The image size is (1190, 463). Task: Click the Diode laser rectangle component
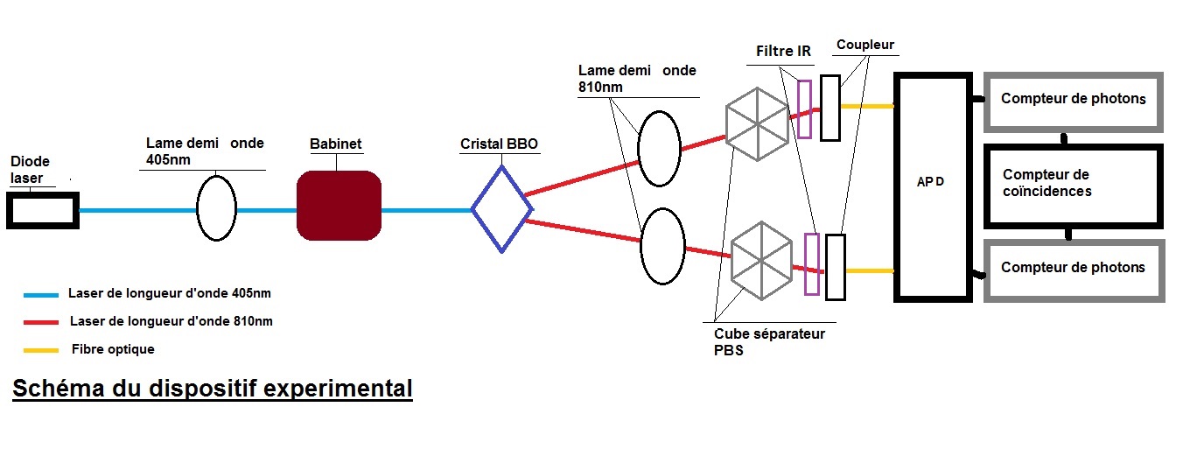(x=42, y=211)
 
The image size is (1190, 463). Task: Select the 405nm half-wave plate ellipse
(x=216, y=207)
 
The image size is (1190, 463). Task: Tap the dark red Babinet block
(x=339, y=206)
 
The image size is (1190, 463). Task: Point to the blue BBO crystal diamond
(x=501, y=208)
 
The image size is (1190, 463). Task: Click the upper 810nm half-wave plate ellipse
(x=659, y=148)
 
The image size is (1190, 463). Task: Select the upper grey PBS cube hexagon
(x=758, y=123)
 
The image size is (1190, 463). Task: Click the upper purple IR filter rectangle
(x=804, y=109)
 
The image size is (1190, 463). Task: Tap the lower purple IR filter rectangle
(x=811, y=264)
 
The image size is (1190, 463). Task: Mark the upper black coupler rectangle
(x=829, y=108)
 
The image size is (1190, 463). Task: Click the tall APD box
(x=932, y=187)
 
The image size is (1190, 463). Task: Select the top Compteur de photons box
(x=1074, y=99)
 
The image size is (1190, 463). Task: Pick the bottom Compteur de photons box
(x=1074, y=268)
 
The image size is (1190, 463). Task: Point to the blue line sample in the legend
(x=41, y=295)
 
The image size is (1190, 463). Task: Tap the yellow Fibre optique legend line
(x=41, y=350)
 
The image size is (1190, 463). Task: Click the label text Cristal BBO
(x=499, y=144)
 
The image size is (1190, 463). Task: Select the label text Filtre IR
(x=783, y=52)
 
